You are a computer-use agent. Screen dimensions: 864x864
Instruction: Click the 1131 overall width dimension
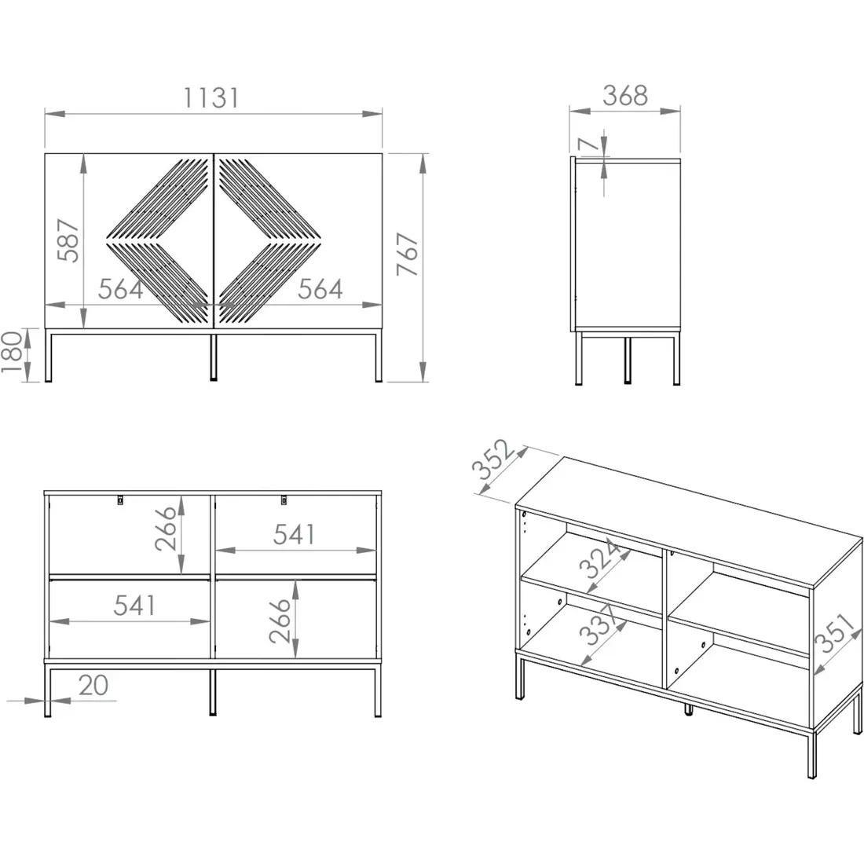click(211, 97)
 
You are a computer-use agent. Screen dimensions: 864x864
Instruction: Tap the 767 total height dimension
click(408, 254)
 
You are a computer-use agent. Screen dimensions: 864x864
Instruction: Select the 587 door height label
click(69, 240)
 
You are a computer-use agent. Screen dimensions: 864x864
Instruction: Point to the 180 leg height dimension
click(12, 352)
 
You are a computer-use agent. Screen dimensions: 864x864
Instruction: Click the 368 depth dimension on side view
click(625, 95)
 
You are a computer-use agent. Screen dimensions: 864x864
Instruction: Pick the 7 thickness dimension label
click(588, 145)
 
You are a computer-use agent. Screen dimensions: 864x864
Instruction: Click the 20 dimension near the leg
click(93, 686)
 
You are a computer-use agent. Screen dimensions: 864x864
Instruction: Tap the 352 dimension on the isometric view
click(492, 459)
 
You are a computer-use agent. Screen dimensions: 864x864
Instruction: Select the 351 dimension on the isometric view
click(837, 633)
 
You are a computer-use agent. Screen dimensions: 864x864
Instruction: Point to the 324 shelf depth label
click(599, 558)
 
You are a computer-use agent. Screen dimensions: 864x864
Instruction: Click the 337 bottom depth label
click(598, 625)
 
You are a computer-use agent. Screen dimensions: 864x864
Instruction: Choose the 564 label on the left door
click(121, 289)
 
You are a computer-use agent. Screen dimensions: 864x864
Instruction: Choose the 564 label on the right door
click(320, 289)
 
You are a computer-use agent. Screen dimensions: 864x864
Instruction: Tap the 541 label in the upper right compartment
click(295, 534)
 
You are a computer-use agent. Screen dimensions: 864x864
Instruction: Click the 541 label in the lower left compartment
click(134, 606)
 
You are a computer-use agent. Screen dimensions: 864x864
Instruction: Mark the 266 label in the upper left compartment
click(165, 529)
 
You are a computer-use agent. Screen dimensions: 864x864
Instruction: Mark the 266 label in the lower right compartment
click(280, 621)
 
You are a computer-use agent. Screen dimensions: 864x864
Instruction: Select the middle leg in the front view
click(214, 357)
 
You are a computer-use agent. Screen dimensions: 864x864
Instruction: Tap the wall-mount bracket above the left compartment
click(120, 500)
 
